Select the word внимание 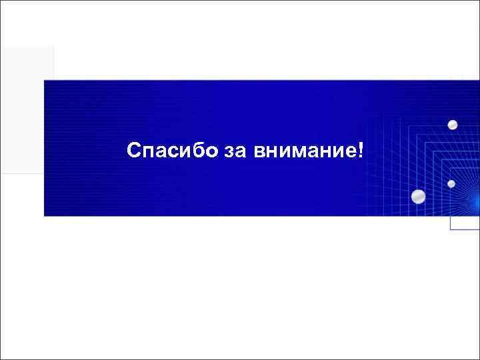click(x=304, y=152)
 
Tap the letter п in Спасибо click(x=149, y=152)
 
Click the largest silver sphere click(x=419, y=196)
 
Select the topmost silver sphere click(x=453, y=125)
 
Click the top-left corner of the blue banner click(x=45, y=81)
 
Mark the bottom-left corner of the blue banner click(x=45, y=215)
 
